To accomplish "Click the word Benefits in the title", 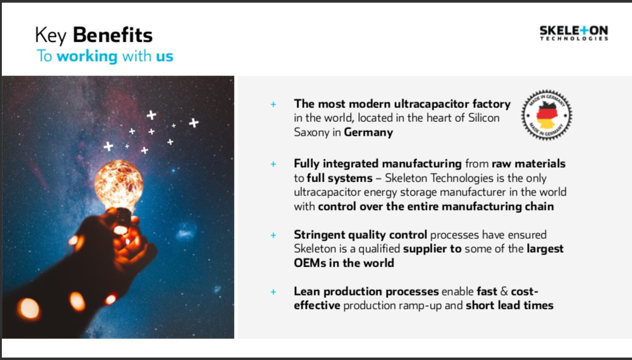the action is click(x=112, y=35).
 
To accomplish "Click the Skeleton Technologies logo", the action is click(x=574, y=33).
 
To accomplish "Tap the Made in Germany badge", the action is click(x=546, y=115).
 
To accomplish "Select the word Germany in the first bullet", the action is click(x=368, y=132).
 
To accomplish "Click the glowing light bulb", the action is click(x=119, y=186).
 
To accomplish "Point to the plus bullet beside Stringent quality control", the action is click(x=273, y=235).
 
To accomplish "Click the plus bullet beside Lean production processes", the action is click(x=273, y=292).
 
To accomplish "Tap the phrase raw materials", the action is click(x=528, y=163).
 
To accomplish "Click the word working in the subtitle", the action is click(x=87, y=56).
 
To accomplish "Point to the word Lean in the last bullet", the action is click(x=307, y=291).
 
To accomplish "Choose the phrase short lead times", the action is click(x=510, y=305).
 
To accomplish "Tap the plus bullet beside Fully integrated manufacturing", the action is click(x=273, y=164).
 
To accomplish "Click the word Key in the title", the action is click(x=51, y=36).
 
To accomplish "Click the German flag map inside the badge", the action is click(x=546, y=115).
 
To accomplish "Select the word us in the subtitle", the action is click(x=165, y=56).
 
